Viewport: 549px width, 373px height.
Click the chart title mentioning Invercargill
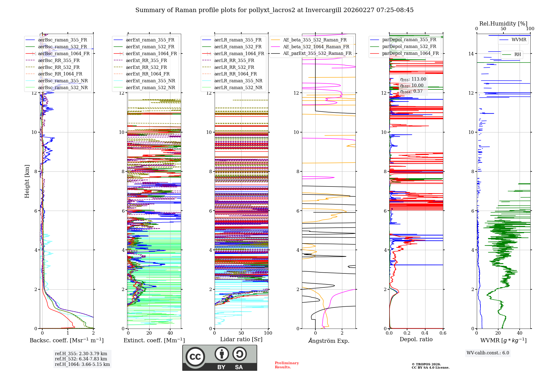[x=274, y=10]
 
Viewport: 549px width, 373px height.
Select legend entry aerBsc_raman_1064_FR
[x=64, y=53]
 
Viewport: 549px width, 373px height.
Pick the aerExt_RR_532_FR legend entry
[x=146, y=67]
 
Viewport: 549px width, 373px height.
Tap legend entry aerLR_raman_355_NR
[x=238, y=81]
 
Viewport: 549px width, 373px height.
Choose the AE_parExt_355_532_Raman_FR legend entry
[x=317, y=53]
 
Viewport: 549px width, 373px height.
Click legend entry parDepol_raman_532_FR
[x=409, y=47]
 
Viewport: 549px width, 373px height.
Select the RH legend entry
[x=517, y=55]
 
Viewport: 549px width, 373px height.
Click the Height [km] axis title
[x=27, y=181]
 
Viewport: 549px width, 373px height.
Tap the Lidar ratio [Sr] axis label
[x=241, y=339]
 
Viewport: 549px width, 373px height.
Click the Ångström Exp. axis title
[x=329, y=341]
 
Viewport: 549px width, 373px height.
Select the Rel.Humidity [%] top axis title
[x=503, y=24]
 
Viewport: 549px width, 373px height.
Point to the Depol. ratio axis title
[x=416, y=339]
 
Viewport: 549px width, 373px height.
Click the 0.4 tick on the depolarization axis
[x=425, y=333]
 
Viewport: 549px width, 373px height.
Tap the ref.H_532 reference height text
[x=81, y=359]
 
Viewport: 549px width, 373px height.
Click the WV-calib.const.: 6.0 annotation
[x=488, y=353]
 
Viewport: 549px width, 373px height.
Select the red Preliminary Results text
[x=287, y=365]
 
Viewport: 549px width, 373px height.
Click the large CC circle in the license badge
[x=195, y=357]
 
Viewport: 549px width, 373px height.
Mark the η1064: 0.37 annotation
[x=411, y=91]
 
